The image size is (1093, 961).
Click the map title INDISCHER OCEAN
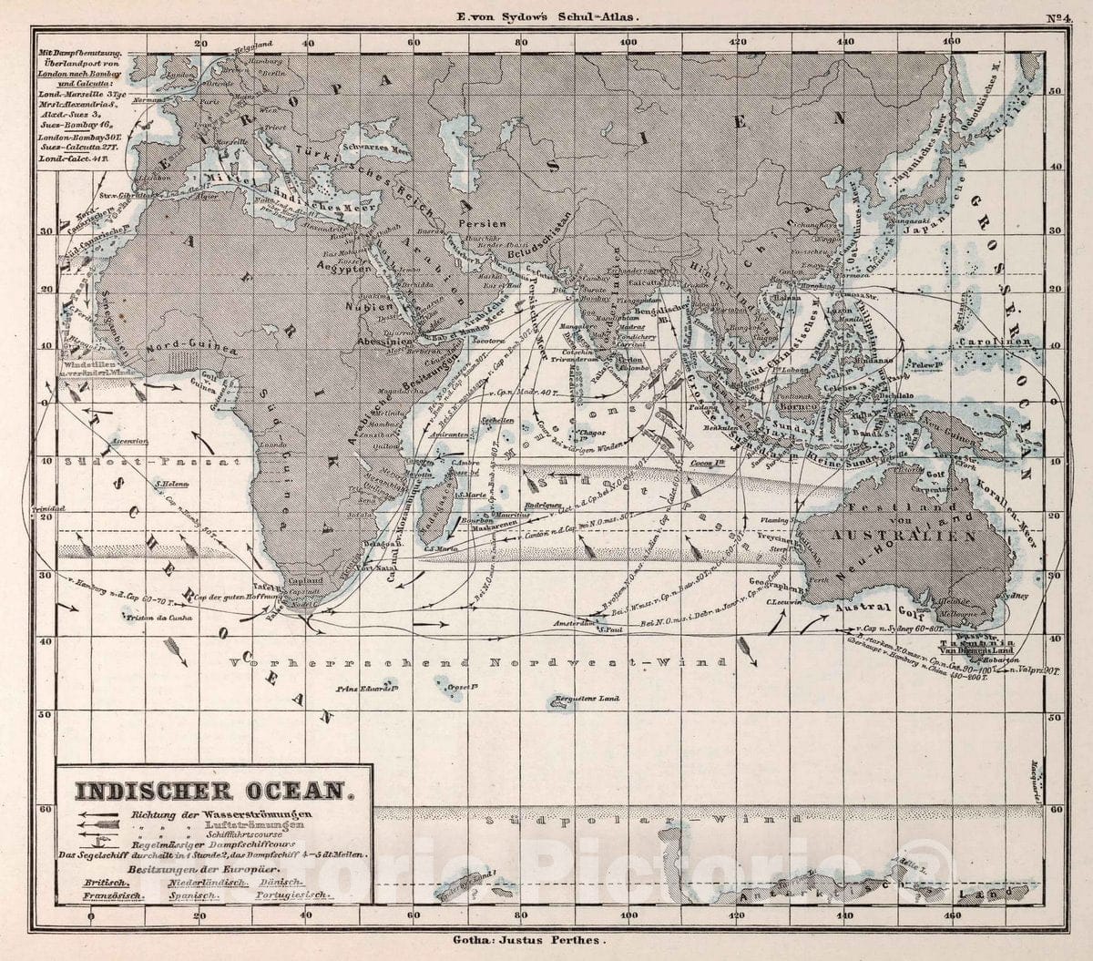(x=211, y=790)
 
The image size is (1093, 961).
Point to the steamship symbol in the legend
(x=101, y=842)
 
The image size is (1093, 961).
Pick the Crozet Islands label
(x=463, y=685)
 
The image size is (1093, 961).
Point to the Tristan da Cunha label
(x=151, y=618)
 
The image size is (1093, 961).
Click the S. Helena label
(x=171, y=484)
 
